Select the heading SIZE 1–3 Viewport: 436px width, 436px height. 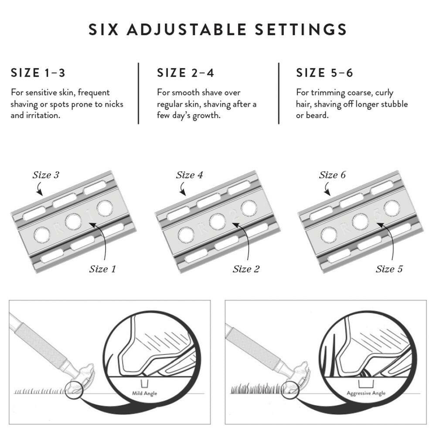click(x=38, y=73)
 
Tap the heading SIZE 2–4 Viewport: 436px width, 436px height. click(x=185, y=73)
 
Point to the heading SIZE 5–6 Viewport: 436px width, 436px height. click(x=324, y=73)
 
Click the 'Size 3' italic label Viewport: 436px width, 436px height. click(x=46, y=175)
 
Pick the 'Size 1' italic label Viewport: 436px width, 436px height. click(x=102, y=269)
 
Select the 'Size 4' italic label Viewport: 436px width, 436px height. click(x=189, y=175)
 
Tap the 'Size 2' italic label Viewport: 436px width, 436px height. click(x=246, y=269)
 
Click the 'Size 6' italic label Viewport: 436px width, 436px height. click(x=332, y=175)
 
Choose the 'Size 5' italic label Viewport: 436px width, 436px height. click(x=389, y=269)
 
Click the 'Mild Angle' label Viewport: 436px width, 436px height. click(x=144, y=394)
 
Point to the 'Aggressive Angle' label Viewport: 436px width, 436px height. click(x=366, y=393)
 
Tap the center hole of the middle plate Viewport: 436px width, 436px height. click(x=217, y=221)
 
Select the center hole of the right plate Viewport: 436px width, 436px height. click(x=360, y=222)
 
